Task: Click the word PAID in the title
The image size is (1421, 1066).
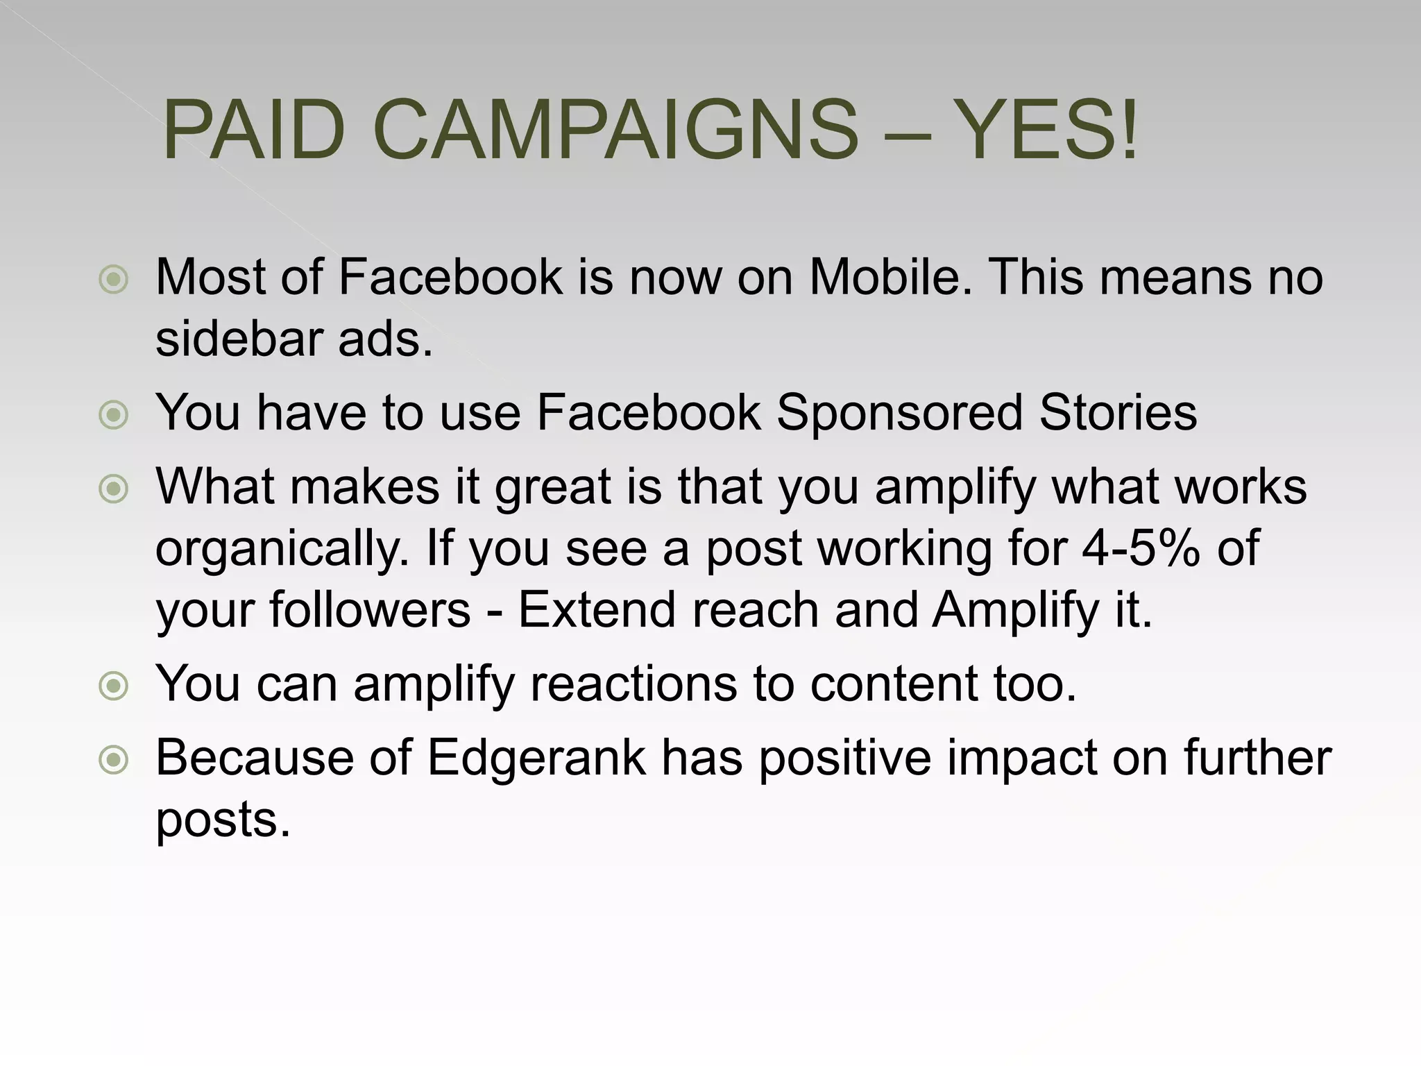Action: (254, 130)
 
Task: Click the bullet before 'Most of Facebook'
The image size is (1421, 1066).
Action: (114, 280)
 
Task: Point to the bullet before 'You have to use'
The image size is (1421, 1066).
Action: (114, 415)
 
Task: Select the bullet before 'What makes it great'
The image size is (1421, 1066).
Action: (114, 489)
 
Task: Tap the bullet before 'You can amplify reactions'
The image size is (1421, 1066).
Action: (114, 686)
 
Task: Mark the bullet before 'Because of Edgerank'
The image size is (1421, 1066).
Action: (114, 760)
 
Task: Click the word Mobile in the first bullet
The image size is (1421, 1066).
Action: (891, 277)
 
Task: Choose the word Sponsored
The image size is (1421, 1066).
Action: (899, 414)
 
